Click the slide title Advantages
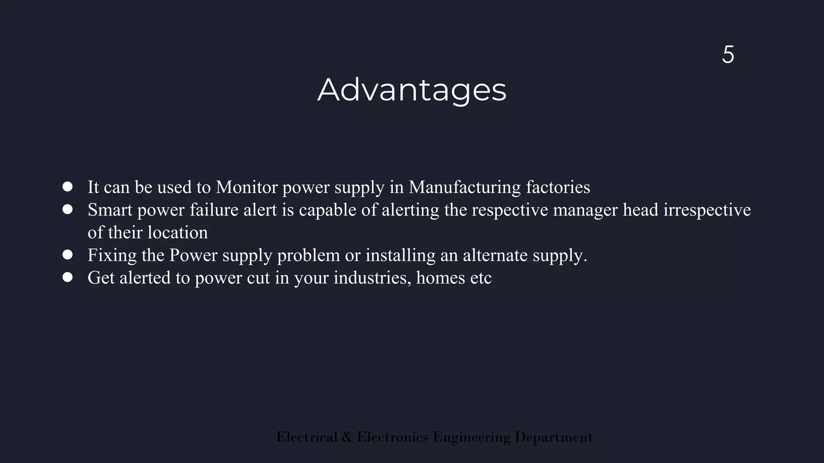pos(412,90)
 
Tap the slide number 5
pos(728,55)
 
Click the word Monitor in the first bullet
pos(247,187)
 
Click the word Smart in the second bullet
pos(110,210)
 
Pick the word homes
pos(440,278)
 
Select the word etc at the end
pos(481,278)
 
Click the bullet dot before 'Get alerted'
pos(68,277)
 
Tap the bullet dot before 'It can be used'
pos(68,186)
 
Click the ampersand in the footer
pos(347,437)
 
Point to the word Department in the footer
pos(554,437)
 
